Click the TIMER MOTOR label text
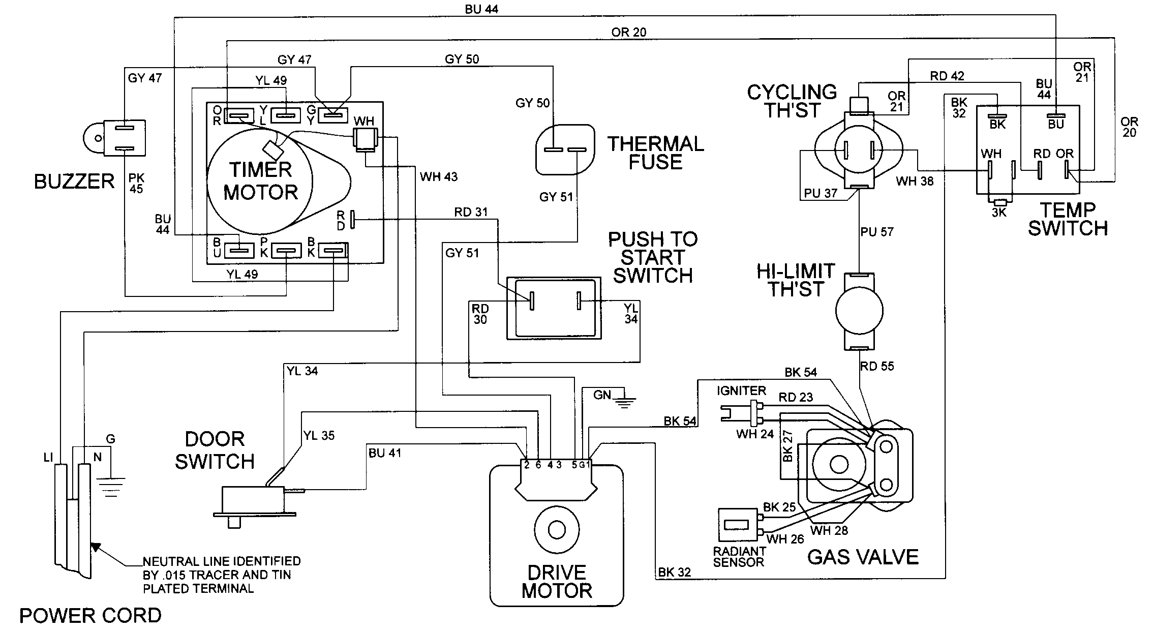(x=260, y=181)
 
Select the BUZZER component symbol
(x=116, y=138)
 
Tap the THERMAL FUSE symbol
(x=564, y=149)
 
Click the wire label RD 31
(x=471, y=212)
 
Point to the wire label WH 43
(x=438, y=177)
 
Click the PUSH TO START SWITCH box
(x=554, y=308)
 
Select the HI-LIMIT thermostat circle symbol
(x=859, y=311)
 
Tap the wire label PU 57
(x=877, y=232)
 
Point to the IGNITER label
(x=741, y=390)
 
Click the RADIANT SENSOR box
(x=738, y=525)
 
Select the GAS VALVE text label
(x=863, y=557)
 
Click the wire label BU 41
(x=385, y=453)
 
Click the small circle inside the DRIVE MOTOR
(x=556, y=530)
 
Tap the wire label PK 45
(x=137, y=183)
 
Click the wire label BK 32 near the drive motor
(x=675, y=572)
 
